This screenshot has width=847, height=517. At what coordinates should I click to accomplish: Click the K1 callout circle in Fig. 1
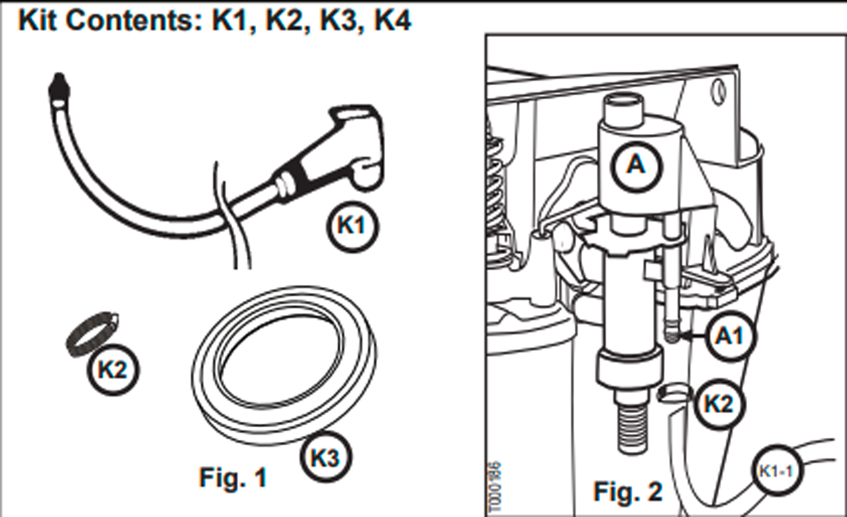[x=352, y=226]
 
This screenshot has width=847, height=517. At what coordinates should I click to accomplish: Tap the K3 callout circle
[x=326, y=457]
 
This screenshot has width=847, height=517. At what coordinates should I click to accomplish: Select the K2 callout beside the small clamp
[x=112, y=370]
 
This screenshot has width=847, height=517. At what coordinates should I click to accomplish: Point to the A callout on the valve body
[x=636, y=165]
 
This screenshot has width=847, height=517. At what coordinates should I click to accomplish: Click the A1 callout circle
[x=729, y=336]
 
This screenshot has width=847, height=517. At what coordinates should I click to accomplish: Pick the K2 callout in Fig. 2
[x=718, y=404]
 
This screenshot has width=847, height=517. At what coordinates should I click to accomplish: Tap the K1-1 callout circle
[x=776, y=471]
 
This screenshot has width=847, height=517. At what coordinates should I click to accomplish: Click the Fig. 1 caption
[x=233, y=478]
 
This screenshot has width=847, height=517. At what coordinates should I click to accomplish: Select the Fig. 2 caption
[x=627, y=492]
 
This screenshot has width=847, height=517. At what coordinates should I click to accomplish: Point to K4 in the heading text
[x=394, y=21]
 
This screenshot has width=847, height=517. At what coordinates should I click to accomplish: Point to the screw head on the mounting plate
[x=719, y=92]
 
